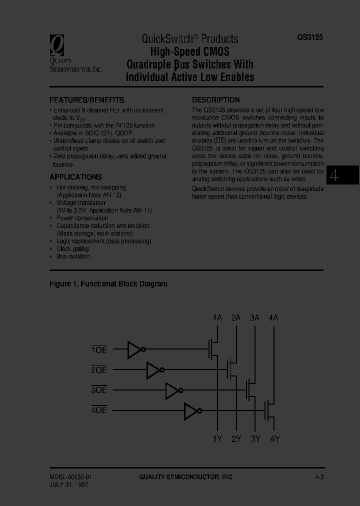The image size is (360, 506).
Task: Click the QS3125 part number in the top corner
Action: [x=310, y=37]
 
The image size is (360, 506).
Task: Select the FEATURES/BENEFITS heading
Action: [x=86, y=100]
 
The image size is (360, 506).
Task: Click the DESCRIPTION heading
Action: [x=216, y=100]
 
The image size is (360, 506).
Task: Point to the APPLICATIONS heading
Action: [x=75, y=177]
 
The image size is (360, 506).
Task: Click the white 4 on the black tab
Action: [x=334, y=176]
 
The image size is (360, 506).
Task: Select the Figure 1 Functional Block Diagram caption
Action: [x=108, y=284]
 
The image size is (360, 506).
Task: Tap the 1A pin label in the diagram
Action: [x=217, y=317]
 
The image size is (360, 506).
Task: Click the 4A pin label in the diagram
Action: [x=273, y=317]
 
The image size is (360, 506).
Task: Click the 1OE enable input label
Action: [x=99, y=350]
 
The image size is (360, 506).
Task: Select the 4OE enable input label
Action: [x=99, y=410]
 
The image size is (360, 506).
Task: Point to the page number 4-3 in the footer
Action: [x=319, y=477]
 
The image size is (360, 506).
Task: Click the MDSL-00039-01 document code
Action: [x=70, y=477]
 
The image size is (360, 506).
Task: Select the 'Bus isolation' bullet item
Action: [x=73, y=256]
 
